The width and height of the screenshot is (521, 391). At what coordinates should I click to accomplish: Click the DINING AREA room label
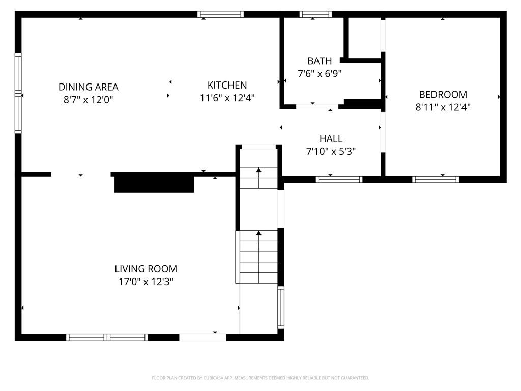coord(89,87)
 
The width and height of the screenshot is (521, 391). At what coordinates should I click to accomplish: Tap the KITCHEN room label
coord(227,85)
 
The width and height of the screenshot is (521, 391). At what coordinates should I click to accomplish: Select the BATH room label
coord(320,61)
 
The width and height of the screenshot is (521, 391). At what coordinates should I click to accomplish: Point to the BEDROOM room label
coord(443,94)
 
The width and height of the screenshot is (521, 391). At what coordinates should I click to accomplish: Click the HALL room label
coord(331,138)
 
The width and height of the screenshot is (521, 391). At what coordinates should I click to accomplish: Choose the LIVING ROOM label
coord(146,269)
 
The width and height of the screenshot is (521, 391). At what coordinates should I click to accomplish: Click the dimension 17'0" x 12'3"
coord(146,282)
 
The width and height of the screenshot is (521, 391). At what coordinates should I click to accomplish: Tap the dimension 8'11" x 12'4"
coord(443,107)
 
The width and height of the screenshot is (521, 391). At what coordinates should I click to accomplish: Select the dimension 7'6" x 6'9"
coord(320,74)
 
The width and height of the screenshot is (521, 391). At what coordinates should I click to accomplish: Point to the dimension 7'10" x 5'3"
coord(331,151)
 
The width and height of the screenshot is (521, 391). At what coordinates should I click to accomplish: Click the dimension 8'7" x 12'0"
coord(89,100)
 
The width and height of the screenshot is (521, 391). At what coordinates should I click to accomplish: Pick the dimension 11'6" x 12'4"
coord(227,98)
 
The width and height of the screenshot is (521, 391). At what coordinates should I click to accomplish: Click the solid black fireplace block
coord(154,183)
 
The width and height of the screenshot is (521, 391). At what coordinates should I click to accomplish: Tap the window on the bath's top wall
coord(315,14)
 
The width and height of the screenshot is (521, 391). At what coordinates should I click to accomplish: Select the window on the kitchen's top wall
coord(221,14)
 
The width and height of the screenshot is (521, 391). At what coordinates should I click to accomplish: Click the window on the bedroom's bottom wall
coord(436,179)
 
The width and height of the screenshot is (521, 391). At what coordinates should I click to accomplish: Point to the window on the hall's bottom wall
coord(339,179)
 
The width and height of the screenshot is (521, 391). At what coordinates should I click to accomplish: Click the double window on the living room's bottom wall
coord(107,337)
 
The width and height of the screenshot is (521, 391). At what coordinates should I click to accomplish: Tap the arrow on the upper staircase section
coord(258,171)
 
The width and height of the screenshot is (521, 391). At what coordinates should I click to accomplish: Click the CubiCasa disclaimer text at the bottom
coord(260,378)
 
